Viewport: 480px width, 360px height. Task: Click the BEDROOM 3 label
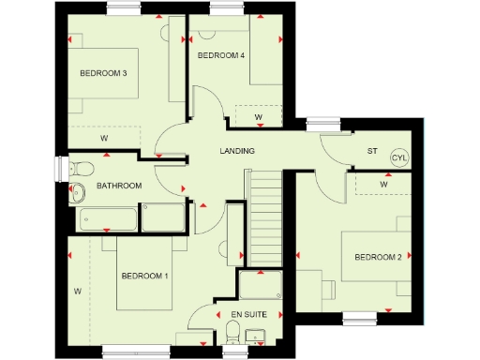[x=103, y=74]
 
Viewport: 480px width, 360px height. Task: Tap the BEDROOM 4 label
[x=221, y=56]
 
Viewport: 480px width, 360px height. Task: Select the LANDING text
[x=238, y=151]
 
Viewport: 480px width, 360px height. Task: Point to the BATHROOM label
[x=119, y=186]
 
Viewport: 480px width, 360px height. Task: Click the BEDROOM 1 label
[x=143, y=276]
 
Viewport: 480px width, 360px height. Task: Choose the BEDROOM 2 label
[x=378, y=257]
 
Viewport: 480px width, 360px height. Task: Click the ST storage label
[x=370, y=151]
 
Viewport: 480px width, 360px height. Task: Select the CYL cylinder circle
[x=399, y=158]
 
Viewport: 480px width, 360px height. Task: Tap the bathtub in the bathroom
[x=108, y=218]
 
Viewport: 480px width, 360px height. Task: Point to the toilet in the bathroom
[x=81, y=169]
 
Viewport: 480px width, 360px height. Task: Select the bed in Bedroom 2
[x=375, y=255]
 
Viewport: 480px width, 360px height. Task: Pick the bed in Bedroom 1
[x=145, y=274]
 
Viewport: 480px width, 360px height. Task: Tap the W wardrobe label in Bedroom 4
[x=258, y=116]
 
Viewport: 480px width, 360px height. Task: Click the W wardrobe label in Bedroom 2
[x=383, y=185]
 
